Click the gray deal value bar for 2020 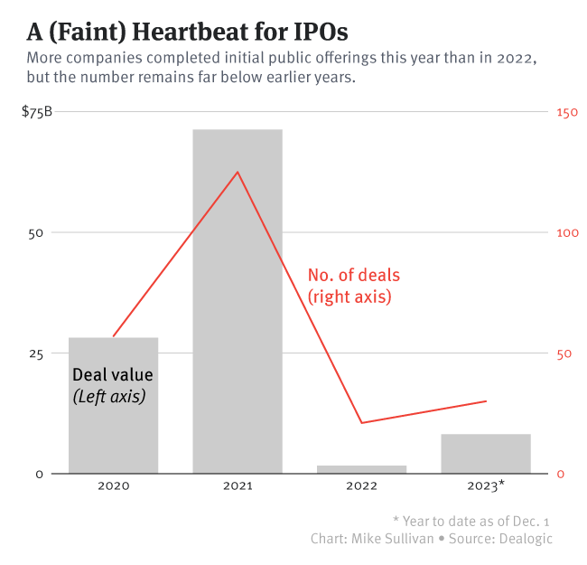point(113,425)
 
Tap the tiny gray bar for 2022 point(361,468)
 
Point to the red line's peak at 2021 point(238,172)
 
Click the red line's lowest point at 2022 point(361,423)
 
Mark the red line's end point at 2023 point(486,400)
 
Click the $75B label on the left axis point(36,112)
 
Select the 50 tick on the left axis point(36,232)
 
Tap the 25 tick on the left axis point(36,353)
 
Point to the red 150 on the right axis point(566,112)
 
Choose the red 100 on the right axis point(566,232)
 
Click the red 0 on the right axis point(560,474)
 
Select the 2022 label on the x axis point(361,485)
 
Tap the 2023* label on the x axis point(487,485)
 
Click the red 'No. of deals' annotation point(353,275)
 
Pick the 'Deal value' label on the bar point(113,374)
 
